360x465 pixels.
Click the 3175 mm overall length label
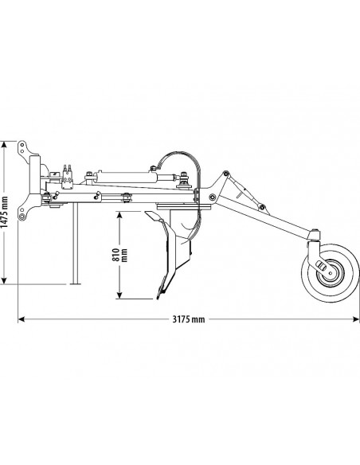[x=188, y=319]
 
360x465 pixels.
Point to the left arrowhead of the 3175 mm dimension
[x=19, y=319]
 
